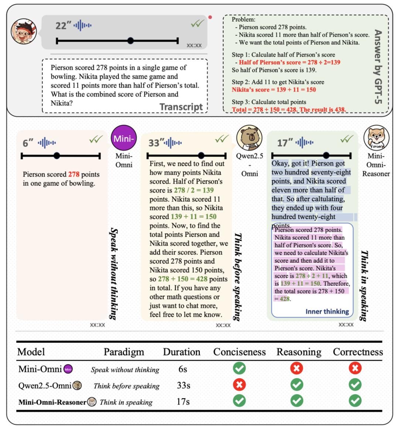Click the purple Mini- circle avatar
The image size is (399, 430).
coord(124,139)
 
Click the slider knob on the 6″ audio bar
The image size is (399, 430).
coord(57,156)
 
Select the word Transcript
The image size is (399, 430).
coord(181,107)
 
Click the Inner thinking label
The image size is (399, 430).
coord(327,311)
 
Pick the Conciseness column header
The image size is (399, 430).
coord(239,352)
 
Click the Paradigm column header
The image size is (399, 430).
coord(124,352)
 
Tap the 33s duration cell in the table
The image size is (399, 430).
coord(184,386)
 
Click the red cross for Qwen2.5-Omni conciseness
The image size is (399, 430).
coord(239,385)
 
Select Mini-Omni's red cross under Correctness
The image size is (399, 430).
coord(355,368)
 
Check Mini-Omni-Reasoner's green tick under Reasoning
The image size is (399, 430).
coord(297,401)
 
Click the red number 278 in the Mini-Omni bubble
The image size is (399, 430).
coord(74,174)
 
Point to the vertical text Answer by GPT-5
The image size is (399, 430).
coord(378,66)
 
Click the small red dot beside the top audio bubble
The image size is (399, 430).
coord(210,17)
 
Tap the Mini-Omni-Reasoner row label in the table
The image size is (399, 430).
coord(52,402)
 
